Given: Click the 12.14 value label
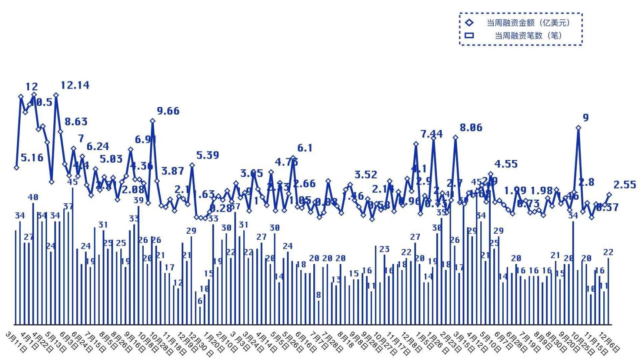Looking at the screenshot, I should (x=75, y=85).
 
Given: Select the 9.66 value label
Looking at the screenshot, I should (x=168, y=111).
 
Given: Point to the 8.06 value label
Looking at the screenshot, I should (x=471, y=128).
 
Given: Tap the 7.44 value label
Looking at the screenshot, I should (x=431, y=134).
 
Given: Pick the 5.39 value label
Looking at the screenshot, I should (x=207, y=155).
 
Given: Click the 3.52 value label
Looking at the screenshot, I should (x=366, y=175).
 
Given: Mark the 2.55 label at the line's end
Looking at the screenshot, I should (x=625, y=184).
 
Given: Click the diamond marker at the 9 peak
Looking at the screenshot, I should (x=578, y=128).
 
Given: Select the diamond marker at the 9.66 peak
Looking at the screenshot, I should (x=153, y=121).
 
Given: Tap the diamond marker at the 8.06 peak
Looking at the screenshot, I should (x=456, y=137).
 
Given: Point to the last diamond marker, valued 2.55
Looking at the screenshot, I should (x=609, y=194).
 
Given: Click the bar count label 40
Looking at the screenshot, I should (x=33, y=197).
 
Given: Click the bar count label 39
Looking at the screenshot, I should (x=139, y=200).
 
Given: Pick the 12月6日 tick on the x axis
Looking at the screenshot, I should (x=609, y=341).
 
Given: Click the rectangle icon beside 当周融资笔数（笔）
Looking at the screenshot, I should (x=469, y=36).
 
